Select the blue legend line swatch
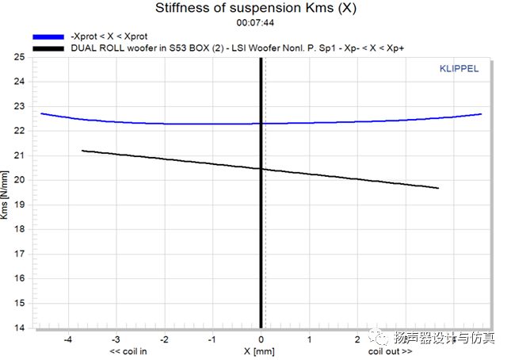(48, 36)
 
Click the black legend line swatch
(48, 48)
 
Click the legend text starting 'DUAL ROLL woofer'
(231, 48)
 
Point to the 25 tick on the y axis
(19, 57)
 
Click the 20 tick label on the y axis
(19, 180)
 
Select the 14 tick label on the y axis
(19, 327)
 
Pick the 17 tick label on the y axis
(19, 254)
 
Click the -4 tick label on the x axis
(68, 339)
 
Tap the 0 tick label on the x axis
(261, 339)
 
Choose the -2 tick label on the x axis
(165, 339)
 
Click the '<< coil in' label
(130, 350)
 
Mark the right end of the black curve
(438, 188)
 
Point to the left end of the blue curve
(41, 113)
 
